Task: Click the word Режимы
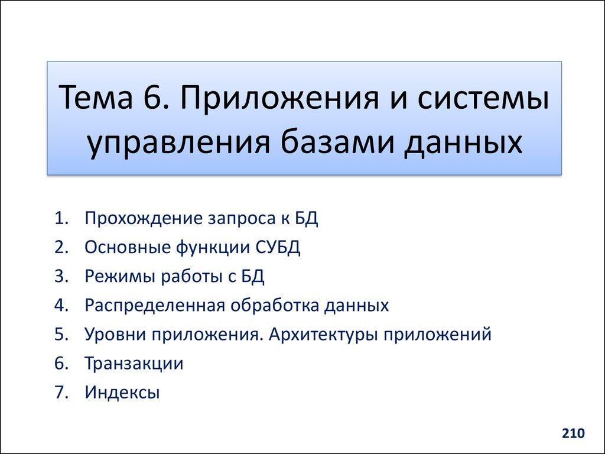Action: (118, 277)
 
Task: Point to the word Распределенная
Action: (154, 306)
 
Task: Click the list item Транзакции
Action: (134, 364)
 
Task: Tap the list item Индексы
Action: (122, 393)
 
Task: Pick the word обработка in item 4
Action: (273, 306)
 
